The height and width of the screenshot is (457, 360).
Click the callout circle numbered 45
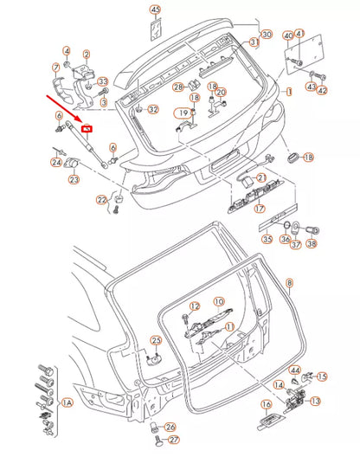155,10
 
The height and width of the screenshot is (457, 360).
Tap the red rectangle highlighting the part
87,130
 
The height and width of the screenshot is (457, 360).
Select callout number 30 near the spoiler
267,35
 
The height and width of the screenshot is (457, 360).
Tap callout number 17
258,208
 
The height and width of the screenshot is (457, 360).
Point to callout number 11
229,326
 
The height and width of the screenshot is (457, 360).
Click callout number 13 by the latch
315,401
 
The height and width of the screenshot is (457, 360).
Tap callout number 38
312,244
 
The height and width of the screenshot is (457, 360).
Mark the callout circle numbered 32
153,110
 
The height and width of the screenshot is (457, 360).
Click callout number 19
183,113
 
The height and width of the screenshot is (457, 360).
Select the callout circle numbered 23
74,179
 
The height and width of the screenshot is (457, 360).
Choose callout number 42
322,90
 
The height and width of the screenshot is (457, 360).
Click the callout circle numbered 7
56,68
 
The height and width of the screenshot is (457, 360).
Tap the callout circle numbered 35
267,238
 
